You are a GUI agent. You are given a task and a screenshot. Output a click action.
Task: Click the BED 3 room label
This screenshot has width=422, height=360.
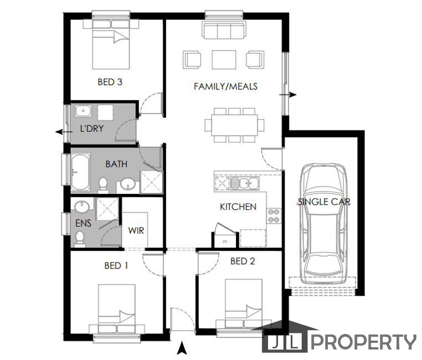(x=110, y=82)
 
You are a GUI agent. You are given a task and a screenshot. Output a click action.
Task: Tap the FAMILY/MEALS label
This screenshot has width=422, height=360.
(x=225, y=86)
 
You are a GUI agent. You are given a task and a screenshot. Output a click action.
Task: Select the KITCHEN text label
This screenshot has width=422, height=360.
(x=238, y=207)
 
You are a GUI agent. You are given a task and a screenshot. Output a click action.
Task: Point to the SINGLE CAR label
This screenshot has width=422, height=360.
(x=324, y=202)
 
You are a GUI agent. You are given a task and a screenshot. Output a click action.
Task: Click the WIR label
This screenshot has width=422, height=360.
(x=136, y=230)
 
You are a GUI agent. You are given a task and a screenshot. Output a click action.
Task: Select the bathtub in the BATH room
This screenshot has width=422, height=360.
(x=81, y=172)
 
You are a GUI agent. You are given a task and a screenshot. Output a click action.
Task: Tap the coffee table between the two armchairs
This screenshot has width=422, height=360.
(x=224, y=59)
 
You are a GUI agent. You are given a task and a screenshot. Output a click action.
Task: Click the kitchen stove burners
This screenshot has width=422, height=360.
(x=274, y=215)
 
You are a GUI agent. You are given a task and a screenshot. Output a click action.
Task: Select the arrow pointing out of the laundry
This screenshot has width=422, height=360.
(x=60, y=132)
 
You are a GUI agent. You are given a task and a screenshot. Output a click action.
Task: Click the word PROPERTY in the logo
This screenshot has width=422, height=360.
(x=363, y=342)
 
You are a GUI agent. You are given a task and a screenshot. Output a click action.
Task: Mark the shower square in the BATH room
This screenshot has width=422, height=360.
(x=150, y=182)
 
